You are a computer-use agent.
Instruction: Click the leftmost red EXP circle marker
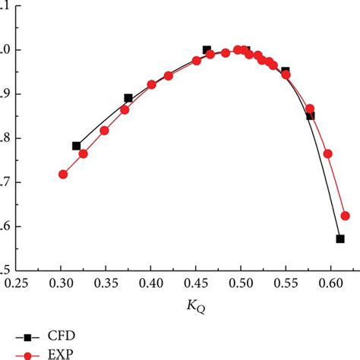click(x=63, y=174)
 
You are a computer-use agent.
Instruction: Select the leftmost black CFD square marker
click(x=76, y=146)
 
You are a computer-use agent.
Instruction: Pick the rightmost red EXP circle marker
click(x=346, y=216)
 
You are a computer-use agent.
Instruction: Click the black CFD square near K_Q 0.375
click(x=128, y=98)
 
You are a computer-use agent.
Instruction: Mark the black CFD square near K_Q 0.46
click(x=207, y=50)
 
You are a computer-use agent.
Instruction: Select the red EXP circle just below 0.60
click(x=328, y=153)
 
